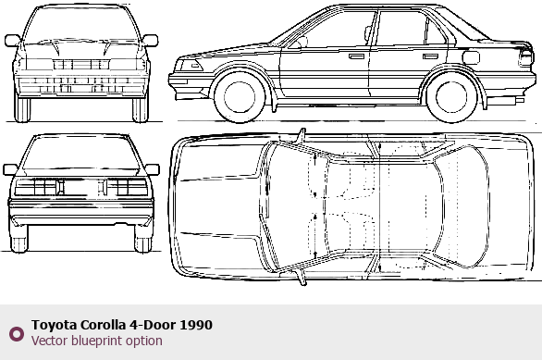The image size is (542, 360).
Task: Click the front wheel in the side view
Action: pos(240,97)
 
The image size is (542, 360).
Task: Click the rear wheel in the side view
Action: pos(451,97)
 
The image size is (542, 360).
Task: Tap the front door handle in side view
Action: pos(356,56)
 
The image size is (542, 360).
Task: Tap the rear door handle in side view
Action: pos(430,56)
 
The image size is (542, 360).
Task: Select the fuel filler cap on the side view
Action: pos(471,57)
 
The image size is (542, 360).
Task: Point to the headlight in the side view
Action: pos(189,66)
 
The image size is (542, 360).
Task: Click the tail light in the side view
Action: pos(525,57)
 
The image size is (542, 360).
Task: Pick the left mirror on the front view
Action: pos(12,41)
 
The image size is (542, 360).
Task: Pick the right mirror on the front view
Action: pos(151,41)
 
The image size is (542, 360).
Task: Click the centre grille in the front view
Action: pos(81,65)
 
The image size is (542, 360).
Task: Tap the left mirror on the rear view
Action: pos(10,169)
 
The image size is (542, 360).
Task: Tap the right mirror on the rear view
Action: pos(152,169)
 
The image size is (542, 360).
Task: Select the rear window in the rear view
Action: pos(81,152)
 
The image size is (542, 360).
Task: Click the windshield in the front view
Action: pos(81,24)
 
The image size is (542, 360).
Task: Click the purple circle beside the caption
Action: pos(17,334)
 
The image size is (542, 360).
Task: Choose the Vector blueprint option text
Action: pos(97,341)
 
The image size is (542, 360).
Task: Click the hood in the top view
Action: pos(217,206)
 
